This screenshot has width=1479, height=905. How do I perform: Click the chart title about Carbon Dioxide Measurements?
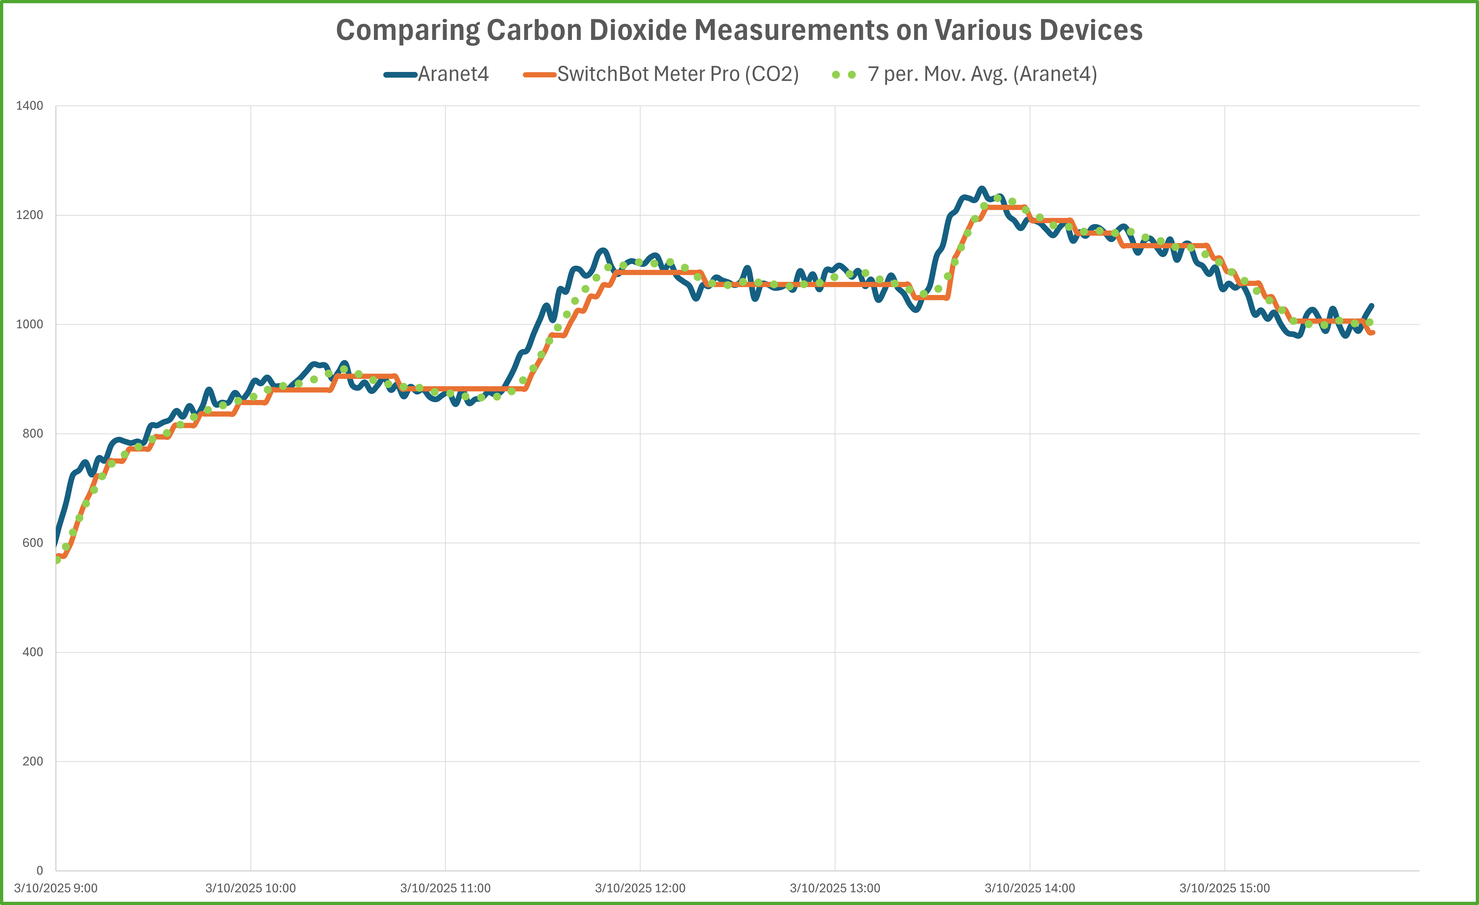coord(739,30)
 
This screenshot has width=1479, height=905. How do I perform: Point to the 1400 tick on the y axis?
coord(30,106)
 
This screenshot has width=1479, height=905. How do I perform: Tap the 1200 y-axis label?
coord(30,215)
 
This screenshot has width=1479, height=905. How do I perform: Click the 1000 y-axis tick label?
coord(30,324)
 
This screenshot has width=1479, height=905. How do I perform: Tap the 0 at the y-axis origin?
coord(40,871)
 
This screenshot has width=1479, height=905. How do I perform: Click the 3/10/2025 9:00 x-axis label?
coord(56,888)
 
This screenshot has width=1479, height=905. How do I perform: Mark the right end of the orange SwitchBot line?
coord(1373,333)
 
